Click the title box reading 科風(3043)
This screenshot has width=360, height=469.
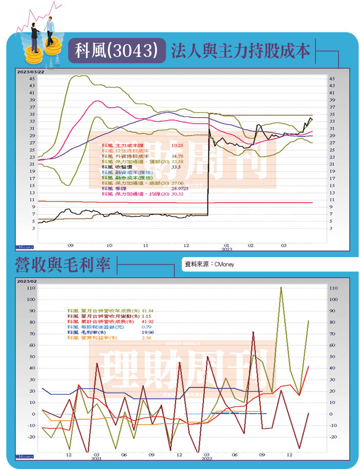[117, 51]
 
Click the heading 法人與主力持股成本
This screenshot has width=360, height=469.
[240, 51]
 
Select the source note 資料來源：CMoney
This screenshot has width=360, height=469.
[209, 265]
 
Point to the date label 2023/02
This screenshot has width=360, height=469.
[27, 282]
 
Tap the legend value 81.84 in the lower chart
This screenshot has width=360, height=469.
[148, 310]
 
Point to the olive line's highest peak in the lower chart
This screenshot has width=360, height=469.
[281, 287]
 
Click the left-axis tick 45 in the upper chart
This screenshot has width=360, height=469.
[32, 79]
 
